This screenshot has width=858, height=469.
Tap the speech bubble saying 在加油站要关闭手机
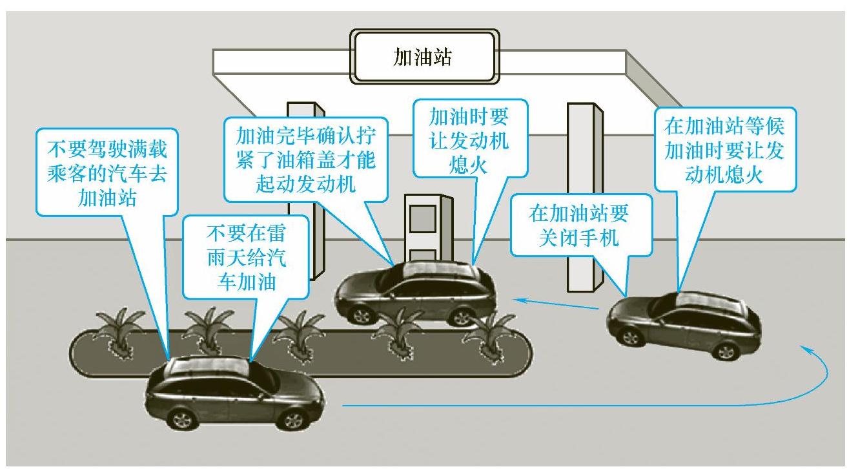pyautogui.click(x=579, y=225)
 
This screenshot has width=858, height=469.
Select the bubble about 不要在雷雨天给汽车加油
pyautogui.click(x=246, y=257)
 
